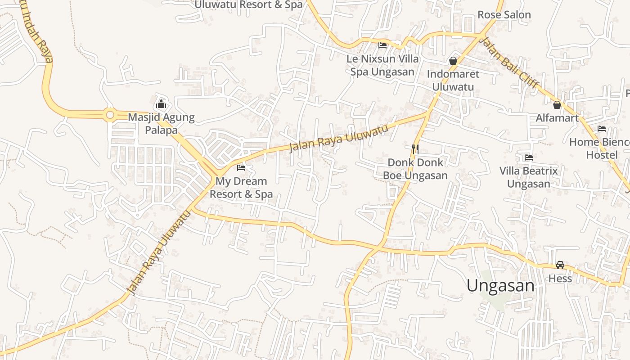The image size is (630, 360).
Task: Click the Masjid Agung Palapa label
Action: pos(161,124)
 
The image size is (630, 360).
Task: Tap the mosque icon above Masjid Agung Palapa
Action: pos(161,105)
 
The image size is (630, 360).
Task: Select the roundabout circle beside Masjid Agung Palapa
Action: pos(110,115)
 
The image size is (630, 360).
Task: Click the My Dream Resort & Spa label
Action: pos(241,188)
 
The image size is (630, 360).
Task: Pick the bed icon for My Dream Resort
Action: pos(241,168)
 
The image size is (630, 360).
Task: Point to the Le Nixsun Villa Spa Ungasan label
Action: pos(382,65)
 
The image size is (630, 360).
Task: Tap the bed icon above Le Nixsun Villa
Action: pos(382,45)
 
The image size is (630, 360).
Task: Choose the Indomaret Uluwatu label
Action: pos(453,80)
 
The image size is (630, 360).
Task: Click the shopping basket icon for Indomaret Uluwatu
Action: pos(453,60)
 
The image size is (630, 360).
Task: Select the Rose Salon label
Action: pos(504,15)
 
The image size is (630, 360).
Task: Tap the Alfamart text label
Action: pos(557,118)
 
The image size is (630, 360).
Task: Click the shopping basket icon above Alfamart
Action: pos(557,105)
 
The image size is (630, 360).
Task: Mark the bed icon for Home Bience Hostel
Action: pos(602,129)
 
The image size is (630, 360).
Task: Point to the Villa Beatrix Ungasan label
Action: pos(529,177)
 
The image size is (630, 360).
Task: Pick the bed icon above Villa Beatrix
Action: pos(529,157)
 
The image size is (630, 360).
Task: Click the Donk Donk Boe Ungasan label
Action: pos(415,169)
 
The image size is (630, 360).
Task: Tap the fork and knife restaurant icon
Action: pos(415,148)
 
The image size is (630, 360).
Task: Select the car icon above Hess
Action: pos(560,265)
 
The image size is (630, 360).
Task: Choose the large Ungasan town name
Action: pos(500,286)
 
